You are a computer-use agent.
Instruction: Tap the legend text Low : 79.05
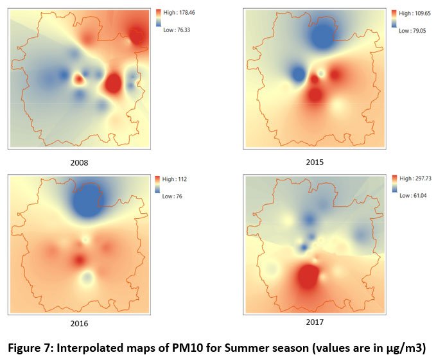(x=408, y=30)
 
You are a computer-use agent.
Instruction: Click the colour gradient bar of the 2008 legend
(x=158, y=21)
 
